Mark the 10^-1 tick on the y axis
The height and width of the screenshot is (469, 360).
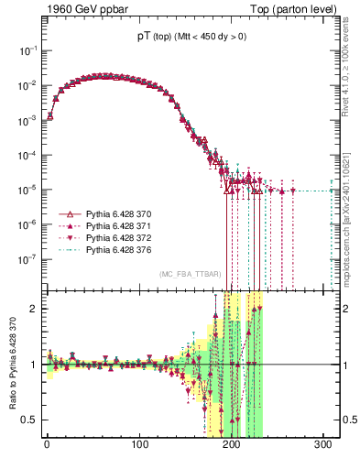click(26, 50)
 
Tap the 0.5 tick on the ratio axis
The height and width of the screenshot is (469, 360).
click(29, 420)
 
